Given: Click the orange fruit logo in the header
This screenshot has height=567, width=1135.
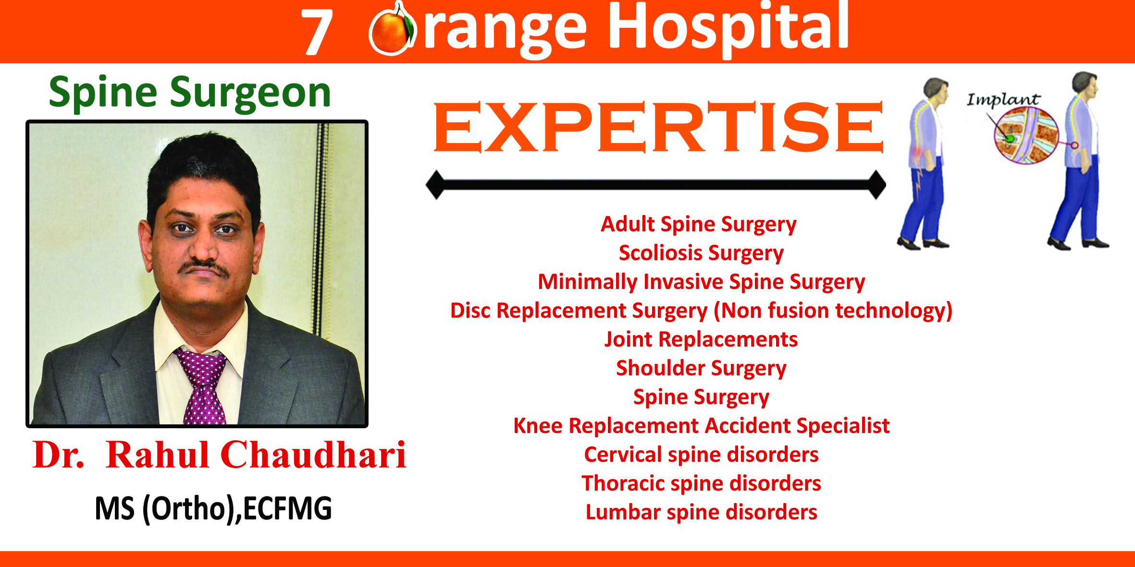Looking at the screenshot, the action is point(392,30).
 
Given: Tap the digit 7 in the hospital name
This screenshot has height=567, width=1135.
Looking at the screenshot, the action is point(317,32).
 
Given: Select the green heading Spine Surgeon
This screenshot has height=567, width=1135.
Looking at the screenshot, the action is point(190,92).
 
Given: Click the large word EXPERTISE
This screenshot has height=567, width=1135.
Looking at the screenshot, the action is point(658,127).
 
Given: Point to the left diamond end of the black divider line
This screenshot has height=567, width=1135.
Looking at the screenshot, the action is point(436,184).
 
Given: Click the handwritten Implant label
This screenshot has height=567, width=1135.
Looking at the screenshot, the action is point(1003,99).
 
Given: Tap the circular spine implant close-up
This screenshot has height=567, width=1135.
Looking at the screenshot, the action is point(1025,135).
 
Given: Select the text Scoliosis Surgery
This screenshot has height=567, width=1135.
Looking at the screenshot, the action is point(701,253).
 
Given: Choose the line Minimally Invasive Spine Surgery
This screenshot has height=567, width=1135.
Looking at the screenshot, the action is point(701,282).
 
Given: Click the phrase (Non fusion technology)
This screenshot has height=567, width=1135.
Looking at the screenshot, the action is point(833,311).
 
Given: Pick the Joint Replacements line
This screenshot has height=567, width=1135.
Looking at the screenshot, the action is point(701,339).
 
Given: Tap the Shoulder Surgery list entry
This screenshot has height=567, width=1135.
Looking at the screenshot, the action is point(701,368).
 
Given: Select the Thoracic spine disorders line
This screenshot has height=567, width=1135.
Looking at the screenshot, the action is point(701,483).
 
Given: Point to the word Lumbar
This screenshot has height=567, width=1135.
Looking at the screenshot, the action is point(623,512).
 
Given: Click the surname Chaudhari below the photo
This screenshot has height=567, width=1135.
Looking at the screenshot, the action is point(313,454).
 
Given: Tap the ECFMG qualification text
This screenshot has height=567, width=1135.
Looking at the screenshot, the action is point(287,508).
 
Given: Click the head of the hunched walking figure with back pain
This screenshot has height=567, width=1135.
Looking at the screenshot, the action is point(936,90).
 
